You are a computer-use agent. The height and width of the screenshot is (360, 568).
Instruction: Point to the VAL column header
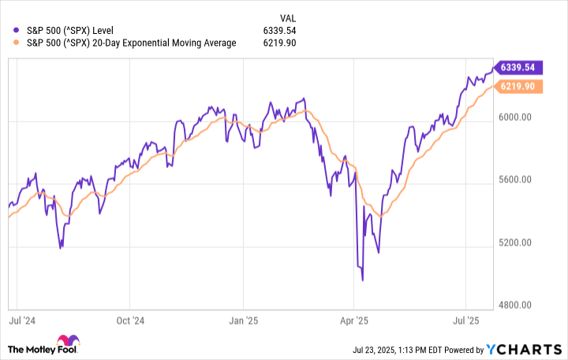tap(290, 17)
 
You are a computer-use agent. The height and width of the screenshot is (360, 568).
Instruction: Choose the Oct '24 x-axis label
tap(130, 321)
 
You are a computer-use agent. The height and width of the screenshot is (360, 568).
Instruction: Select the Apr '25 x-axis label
tap(353, 321)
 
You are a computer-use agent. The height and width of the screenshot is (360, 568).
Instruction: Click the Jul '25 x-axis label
tap(466, 321)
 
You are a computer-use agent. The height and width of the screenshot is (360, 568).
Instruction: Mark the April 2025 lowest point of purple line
tap(362, 279)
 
